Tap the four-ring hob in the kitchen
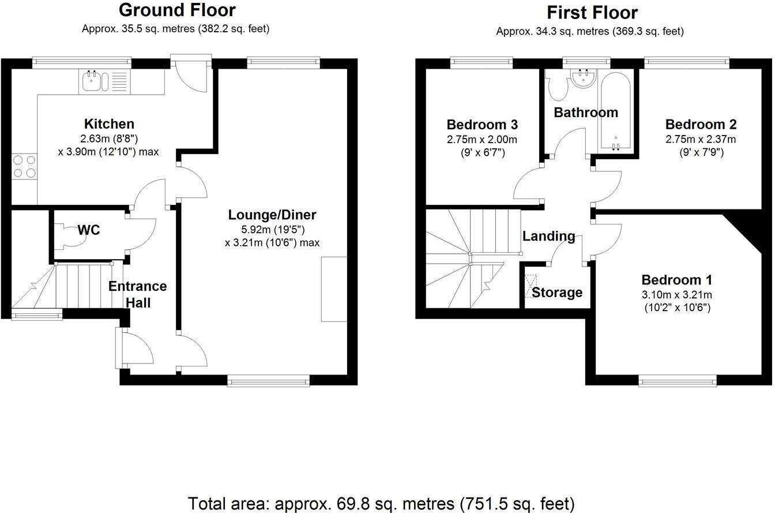24,165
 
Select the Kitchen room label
109,123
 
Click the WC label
89,230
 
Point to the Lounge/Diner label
272,215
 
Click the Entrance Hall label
138,294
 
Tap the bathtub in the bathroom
616,112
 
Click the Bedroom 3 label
482,125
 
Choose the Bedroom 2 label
701,125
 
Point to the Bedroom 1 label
676,280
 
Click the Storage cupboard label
556,293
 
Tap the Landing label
548,235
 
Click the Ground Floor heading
177,10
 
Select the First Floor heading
592,12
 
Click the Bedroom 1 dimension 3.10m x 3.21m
676,295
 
